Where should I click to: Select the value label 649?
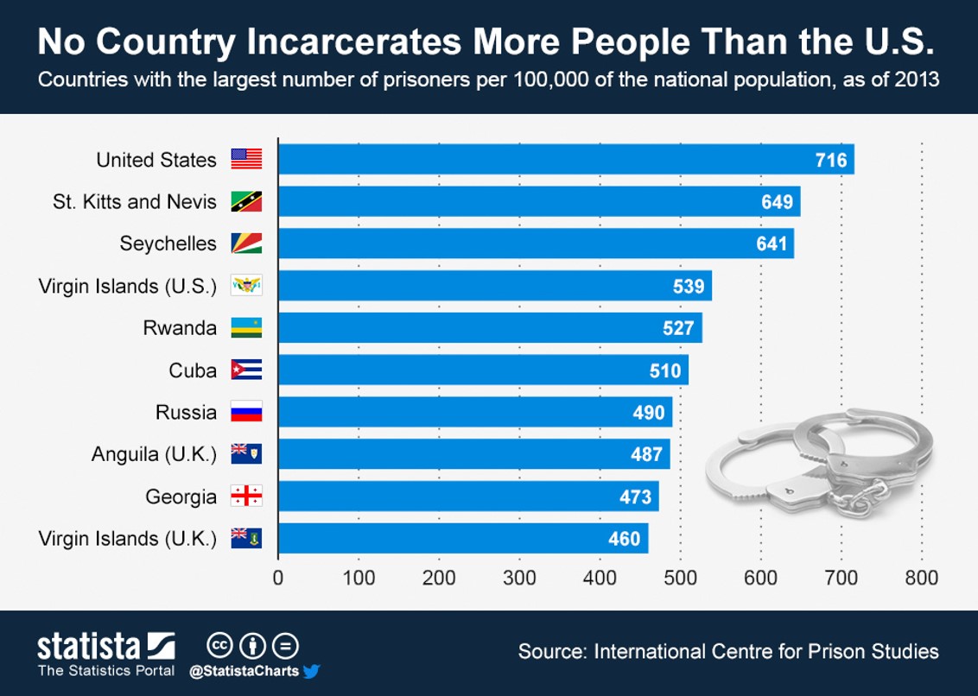point(777,202)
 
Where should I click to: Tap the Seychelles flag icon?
point(246,244)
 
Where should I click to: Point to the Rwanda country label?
point(180,328)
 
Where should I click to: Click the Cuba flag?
point(246,370)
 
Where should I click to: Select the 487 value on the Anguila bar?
point(646,454)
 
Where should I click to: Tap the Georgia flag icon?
point(246,497)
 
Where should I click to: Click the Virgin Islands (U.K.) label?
point(128,539)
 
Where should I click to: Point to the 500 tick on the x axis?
point(680,578)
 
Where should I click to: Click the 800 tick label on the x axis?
point(922,578)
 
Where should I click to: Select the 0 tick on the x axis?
point(278,578)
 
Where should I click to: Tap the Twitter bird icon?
point(312,671)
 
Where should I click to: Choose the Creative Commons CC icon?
point(219,646)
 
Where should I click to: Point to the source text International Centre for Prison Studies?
point(765,651)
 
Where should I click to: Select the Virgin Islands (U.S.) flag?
point(246,286)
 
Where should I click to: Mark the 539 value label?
point(689,287)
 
